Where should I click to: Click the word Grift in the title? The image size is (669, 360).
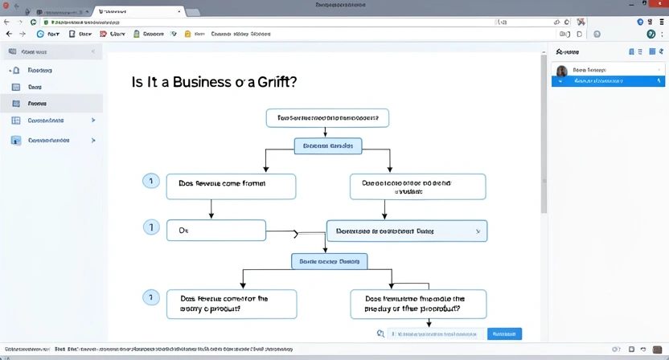pyautogui.click(x=275, y=82)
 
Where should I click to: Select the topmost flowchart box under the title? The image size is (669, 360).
pyautogui.click(x=327, y=118)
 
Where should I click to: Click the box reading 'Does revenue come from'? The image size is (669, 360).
pyautogui.click(x=231, y=186)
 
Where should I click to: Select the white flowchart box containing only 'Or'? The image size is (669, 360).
pyautogui.click(x=215, y=230)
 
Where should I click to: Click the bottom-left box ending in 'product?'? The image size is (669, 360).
pyautogui.click(x=231, y=304)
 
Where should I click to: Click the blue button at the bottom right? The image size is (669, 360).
pyautogui.click(x=504, y=333)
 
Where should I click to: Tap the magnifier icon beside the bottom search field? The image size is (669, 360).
pyautogui.click(x=380, y=333)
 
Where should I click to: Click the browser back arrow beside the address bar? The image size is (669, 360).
pyautogui.click(x=9, y=35)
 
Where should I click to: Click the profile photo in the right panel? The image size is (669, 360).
pyautogui.click(x=561, y=71)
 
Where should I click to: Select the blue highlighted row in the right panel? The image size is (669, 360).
pyautogui.click(x=608, y=81)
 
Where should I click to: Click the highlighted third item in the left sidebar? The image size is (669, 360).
pyautogui.click(x=51, y=104)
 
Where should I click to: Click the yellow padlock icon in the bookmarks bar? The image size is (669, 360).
pyautogui.click(x=188, y=35)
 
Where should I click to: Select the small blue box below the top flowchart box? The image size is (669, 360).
pyautogui.click(x=327, y=146)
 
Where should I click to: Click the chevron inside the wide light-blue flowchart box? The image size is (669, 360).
pyautogui.click(x=478, y=231)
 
